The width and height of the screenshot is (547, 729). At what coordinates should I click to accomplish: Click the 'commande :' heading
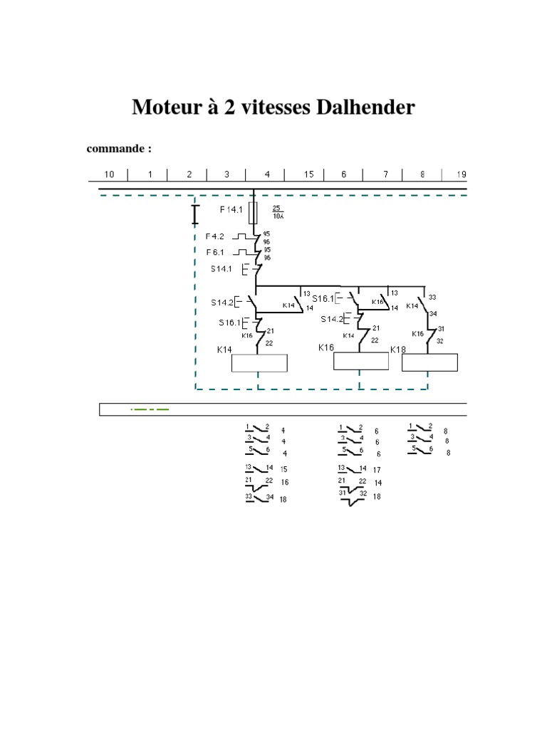click(119, 149)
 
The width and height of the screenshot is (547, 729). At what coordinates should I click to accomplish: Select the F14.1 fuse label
click(230, 210)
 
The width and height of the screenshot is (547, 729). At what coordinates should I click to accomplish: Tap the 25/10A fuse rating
click(278, 211)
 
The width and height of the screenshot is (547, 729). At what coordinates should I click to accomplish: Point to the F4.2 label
click(215, 236)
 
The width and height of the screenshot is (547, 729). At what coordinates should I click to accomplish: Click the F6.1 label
click(216, 252)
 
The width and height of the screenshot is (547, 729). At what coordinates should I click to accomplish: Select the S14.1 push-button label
click(221, 269)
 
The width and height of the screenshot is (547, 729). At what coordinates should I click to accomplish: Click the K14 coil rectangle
click(259, 363)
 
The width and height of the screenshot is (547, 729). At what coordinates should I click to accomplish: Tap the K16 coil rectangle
click(361, 362)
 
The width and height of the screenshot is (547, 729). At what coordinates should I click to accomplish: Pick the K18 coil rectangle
click(429, 363)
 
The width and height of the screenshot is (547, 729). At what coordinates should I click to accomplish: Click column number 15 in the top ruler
click(309, 174)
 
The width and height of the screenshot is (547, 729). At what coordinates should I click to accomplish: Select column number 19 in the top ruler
click(462, 174)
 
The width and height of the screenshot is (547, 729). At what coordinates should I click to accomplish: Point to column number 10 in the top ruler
click(110, 174)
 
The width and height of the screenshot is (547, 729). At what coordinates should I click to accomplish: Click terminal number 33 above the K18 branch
click(432, 297)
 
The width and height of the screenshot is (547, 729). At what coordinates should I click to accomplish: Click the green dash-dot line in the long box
click(150, 409)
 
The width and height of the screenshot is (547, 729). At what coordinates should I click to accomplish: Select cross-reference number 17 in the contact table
click(377, 470)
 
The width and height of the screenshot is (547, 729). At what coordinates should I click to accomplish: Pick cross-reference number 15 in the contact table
click(283, 470)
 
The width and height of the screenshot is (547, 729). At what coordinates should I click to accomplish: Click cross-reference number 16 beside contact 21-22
click(284, 483)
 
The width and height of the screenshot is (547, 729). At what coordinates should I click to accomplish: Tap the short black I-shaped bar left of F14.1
click(195, 214)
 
